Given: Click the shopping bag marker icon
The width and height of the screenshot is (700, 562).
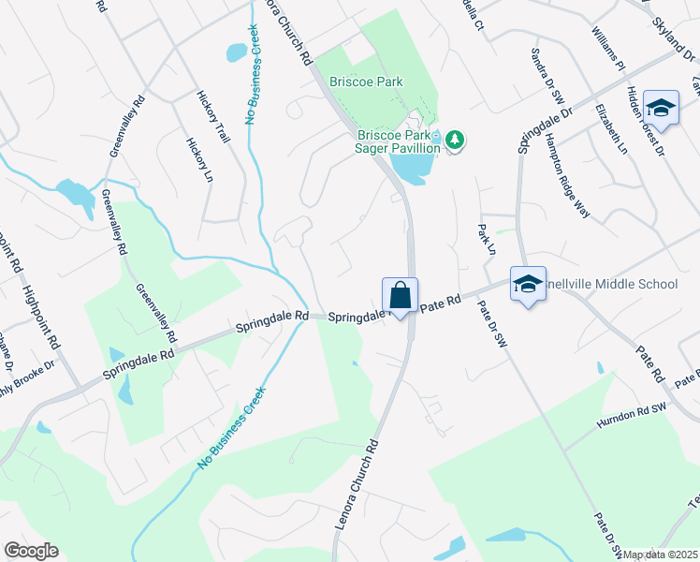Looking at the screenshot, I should pos(400,295).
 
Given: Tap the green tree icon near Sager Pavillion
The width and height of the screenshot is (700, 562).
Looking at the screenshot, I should pos(455,140).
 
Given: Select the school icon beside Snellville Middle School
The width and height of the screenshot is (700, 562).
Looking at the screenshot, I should pos(527,284).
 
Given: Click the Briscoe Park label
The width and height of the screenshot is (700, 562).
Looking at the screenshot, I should pos(372,82).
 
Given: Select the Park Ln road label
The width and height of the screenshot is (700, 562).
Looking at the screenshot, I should pos(485,239).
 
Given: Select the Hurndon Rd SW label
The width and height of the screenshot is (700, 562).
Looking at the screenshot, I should pos(632,418).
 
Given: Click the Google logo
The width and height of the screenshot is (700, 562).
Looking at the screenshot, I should pos(31,551).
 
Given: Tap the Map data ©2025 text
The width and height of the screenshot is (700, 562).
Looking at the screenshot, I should pos(661,555).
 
